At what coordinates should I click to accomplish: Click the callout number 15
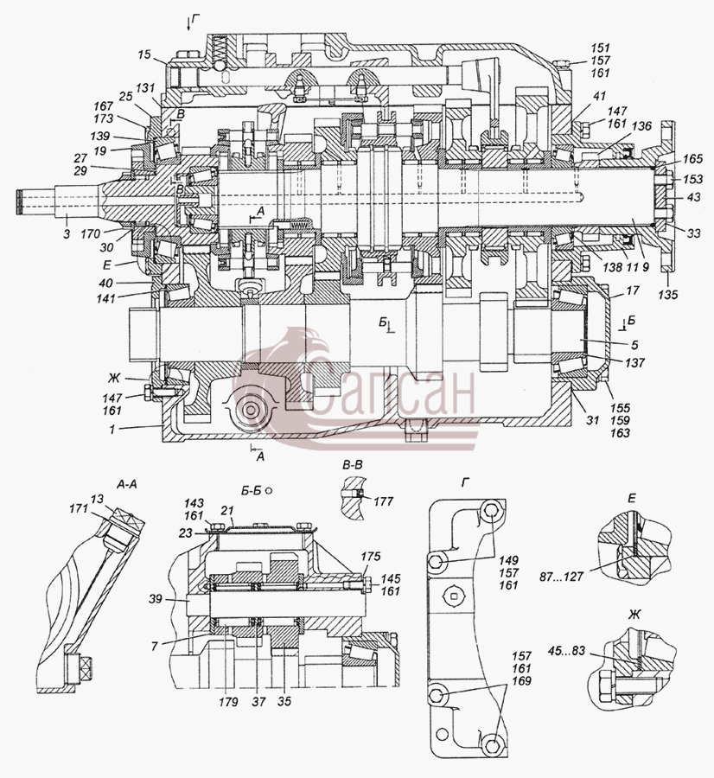144,54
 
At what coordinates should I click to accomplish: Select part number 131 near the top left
145,88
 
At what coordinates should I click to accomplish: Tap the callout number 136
641,126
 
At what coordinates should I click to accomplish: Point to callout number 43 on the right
693,197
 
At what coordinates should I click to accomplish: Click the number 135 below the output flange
668,295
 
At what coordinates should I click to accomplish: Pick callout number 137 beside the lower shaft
634,363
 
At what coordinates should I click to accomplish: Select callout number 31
592,420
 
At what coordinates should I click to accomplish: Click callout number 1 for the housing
112,430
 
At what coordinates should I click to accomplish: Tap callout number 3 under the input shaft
67,233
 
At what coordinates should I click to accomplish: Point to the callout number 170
91,233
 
